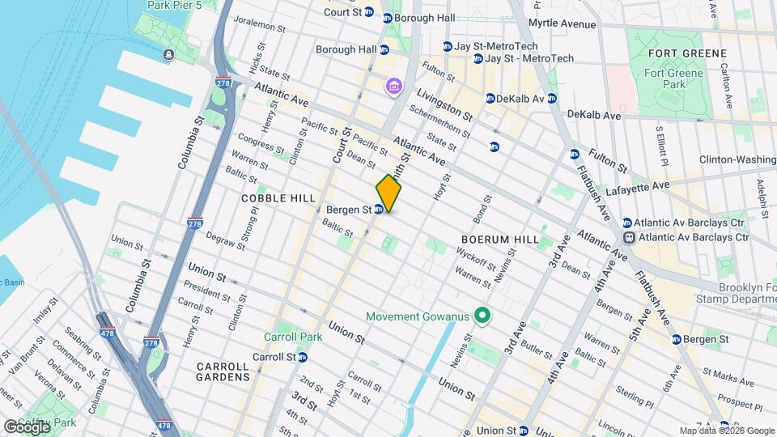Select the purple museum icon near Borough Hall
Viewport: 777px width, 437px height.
(x=394, y=85)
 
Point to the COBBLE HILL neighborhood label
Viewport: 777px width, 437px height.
(x=275, y=197)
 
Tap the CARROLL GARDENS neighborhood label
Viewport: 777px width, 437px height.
(x=223, y=371)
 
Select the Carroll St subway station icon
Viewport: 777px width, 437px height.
(x=302, y=357)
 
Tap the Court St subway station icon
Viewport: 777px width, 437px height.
(x=369, y=12)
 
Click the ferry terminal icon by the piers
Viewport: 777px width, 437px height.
(x=168, y=55)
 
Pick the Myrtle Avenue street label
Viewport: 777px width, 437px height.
(x=562, y=24)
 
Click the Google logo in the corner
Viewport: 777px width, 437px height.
(x=27, y=426)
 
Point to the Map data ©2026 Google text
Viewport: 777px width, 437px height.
(x=726, y=431)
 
